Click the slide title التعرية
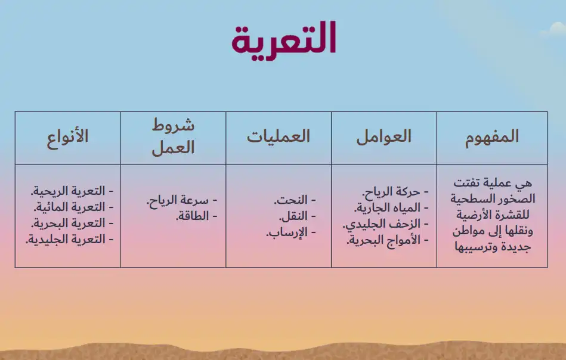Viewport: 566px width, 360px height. (x=284, y=40)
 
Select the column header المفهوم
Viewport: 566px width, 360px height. (x=491, y=137)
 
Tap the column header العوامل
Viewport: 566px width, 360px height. (x=383, y=136)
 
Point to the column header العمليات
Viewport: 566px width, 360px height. (x=279, y=136)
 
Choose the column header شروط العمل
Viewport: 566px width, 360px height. (x=173, y=136)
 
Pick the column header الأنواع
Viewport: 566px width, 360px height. (x=67, y=136)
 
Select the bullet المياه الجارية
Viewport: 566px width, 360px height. (x=391, y=208)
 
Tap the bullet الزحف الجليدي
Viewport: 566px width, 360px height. (x=385, y=224)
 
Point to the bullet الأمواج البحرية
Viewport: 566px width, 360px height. (x=388, y=240)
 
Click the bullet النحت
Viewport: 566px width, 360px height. (x=295, y=200)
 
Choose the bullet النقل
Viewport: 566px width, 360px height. (x=297, y=216)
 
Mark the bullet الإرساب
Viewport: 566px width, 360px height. (x=291, y=232)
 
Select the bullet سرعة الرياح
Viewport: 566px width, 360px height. (x=181, y=200)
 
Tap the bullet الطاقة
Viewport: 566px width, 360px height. (x=196, y=216)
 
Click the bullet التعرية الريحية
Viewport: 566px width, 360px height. (x=72, y=191)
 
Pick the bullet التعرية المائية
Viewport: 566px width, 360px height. (x=73, y=207)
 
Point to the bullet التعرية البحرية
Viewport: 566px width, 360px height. (x=72, y=224)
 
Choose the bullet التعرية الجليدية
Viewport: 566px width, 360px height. (x=70, y=239)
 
